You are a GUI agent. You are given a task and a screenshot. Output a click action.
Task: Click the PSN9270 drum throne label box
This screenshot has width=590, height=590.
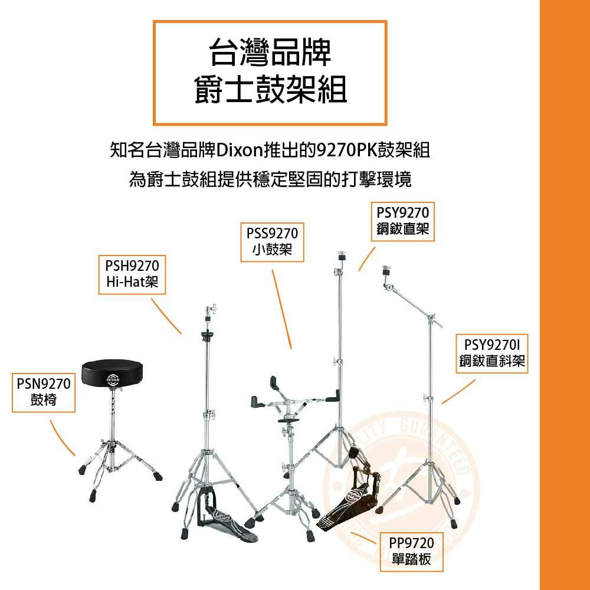(x=44, y=392)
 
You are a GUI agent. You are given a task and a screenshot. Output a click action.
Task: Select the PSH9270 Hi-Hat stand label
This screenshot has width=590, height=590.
(x=132, y=275)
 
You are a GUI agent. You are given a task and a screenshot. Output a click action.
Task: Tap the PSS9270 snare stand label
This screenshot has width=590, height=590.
(x=272, y=242)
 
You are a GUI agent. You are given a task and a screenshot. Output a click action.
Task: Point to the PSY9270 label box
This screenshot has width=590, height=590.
(x=402, y=221)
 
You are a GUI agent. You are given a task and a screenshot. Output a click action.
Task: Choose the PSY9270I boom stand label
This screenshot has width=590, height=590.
(x=492, y=353)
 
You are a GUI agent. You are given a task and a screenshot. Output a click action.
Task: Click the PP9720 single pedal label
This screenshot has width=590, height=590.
(x=411, y=552)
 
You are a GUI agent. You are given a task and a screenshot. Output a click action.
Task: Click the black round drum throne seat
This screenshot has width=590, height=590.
(x=112, y=372)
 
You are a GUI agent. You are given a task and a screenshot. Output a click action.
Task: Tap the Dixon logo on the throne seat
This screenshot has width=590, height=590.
(x=113, y=379)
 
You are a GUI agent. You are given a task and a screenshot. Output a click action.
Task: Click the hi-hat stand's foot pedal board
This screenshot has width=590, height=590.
(x=230, y=527)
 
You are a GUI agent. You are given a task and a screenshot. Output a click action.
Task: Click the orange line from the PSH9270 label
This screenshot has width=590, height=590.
(x=166, y=316)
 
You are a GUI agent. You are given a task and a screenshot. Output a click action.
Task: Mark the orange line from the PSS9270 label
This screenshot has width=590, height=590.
(x=282, y=309)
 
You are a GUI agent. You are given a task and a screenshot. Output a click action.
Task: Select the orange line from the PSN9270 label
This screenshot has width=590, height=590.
(x=63, y=438)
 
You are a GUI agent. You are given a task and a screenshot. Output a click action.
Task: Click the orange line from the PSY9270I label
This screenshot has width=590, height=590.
(x=458, y=392)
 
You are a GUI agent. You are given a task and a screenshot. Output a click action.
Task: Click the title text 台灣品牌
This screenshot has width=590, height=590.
(x=270, y=53)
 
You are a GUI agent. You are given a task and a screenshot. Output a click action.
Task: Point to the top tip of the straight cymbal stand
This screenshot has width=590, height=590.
(x=342, y=252)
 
